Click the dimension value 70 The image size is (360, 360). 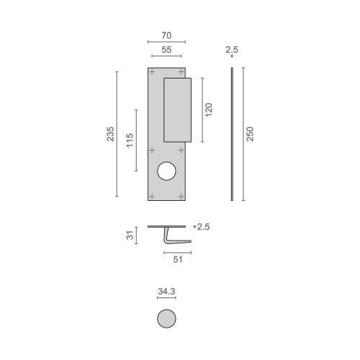click(166, 34)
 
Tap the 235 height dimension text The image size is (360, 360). click(110, 134)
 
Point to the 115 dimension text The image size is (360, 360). click(130, 140)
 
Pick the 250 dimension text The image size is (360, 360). click(250, 134)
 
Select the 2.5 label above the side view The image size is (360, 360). click(231, 51)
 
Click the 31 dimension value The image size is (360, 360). click(130, 235)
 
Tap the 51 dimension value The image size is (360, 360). click(177, 261)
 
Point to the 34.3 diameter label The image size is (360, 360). click(166, 292)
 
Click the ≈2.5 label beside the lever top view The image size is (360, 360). click(203, 227)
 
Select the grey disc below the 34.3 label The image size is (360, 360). click(166, 319)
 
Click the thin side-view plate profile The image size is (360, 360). click(232, 134)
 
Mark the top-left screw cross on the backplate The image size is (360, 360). click(151, 72)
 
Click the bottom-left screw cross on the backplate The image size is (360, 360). click(151, 194)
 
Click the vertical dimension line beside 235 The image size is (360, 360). click(117, 134)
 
